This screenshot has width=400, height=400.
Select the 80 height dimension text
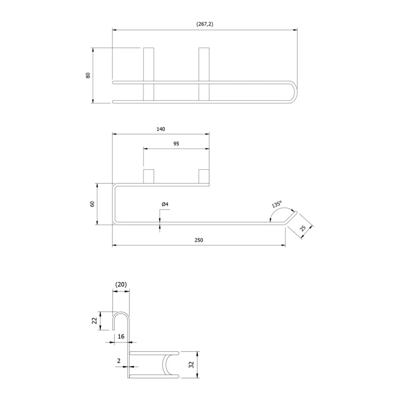click(88, 75)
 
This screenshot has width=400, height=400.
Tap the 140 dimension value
click(161, 129)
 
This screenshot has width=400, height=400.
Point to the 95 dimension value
click(176, 144)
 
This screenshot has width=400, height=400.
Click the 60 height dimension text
click(92, 204)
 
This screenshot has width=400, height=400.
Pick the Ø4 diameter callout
click(165, 204)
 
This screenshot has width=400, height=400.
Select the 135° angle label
click(276, 204)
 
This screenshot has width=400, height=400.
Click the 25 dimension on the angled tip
click(303, 228)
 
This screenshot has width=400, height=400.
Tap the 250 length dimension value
click(199, 240)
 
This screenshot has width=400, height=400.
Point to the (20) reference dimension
click(121, 285)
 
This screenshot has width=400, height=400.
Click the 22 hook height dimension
click(95, 321)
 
